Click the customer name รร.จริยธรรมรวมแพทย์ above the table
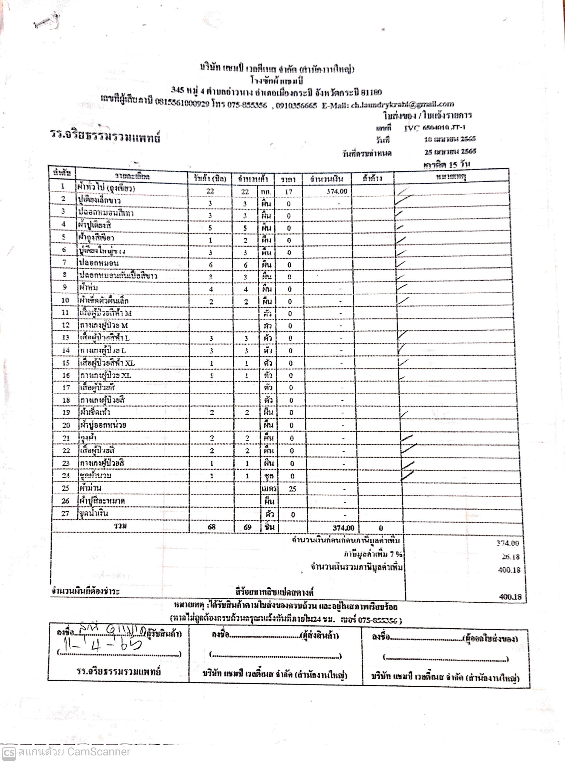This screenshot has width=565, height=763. point(105,136)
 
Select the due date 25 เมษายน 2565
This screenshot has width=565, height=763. point(450,151)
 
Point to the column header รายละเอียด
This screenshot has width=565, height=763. point(132,176)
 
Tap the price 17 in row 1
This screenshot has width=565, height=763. point(288,192)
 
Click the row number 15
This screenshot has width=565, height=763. point(66,363)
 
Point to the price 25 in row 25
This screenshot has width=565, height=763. point(292,488)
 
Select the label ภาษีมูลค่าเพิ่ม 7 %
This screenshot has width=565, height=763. point(373,554)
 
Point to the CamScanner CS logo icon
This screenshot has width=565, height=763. point(9,752)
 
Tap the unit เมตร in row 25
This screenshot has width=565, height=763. point(269,488)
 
